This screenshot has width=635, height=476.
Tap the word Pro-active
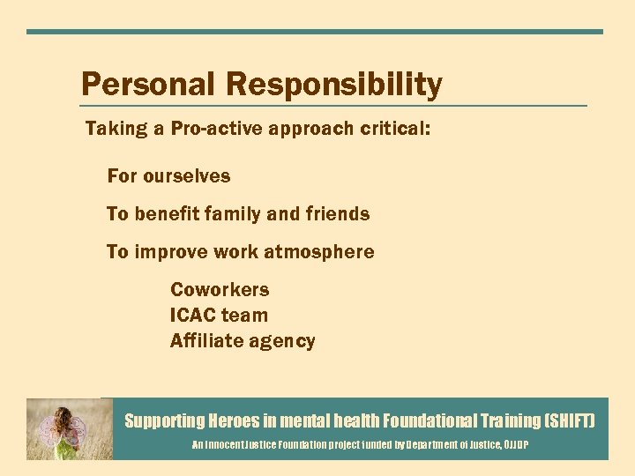click(x=221, y=129)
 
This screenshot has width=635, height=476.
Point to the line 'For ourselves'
click(x=168, y=176)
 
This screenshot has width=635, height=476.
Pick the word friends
click(x=337, y=214)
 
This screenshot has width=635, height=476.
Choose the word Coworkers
click(x=220, y=290)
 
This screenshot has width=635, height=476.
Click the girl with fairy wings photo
click(x=69, y=429)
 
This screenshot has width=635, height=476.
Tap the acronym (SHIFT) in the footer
click(x=571, y=421)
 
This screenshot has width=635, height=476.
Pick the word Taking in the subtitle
click(x=116, y=129)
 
